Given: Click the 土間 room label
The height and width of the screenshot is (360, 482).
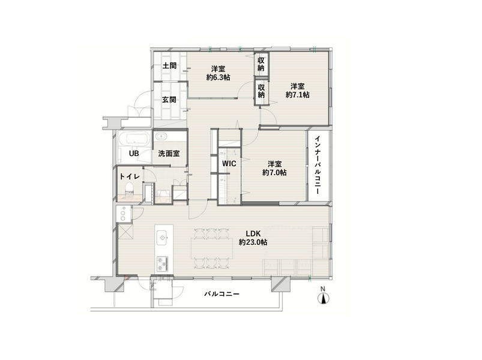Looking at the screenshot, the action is (x=169, y=65).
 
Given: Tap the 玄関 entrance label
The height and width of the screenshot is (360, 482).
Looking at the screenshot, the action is (x=169, y=100).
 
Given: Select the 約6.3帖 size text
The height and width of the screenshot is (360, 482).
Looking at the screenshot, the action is (x=218, y=77).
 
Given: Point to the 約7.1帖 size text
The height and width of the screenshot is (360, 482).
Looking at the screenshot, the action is (x=298, y=95).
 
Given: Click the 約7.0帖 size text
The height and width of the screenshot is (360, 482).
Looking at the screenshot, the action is (x=274, y=173).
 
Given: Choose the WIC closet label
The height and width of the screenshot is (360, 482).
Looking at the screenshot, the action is (x=229, y=163).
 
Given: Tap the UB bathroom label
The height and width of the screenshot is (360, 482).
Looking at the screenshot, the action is (x=134, y=153).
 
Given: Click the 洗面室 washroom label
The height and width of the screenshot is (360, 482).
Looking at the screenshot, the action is (x=169, y=153).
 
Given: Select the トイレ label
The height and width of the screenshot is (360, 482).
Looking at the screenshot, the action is (x=130, y=176).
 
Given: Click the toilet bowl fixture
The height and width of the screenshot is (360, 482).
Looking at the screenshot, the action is (x=130, y=188).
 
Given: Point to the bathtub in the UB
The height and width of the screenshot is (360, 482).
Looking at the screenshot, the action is (x=134, y=139).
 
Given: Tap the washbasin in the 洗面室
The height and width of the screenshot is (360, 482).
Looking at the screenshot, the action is (x=160, y=136).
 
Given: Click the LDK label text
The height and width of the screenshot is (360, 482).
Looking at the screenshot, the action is (x=253, y=233).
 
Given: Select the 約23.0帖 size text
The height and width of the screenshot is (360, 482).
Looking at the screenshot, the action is (x=253, y=242).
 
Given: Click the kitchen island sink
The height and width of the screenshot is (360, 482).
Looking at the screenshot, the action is (x=161, y=237).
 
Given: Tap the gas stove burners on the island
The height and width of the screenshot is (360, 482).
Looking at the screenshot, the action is (x=162, y=263).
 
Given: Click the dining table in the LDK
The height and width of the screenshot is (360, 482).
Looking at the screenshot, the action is (x=212, y=248).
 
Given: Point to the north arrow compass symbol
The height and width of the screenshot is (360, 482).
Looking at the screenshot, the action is (x=323, y=296).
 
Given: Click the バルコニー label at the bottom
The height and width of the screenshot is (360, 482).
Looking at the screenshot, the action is (x=222, y=294).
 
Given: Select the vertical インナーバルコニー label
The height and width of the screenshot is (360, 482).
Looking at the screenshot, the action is (x=318, y=165).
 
